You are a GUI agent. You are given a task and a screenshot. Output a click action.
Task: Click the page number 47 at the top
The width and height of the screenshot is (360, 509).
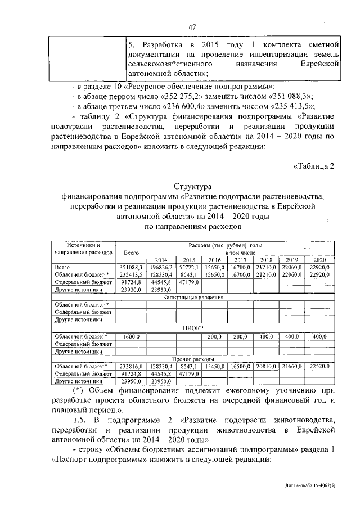(191, 27)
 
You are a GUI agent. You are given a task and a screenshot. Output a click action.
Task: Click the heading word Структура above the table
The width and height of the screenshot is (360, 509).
(191, 186)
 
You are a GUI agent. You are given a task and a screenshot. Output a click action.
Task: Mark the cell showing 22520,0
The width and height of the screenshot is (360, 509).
(319, 366)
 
